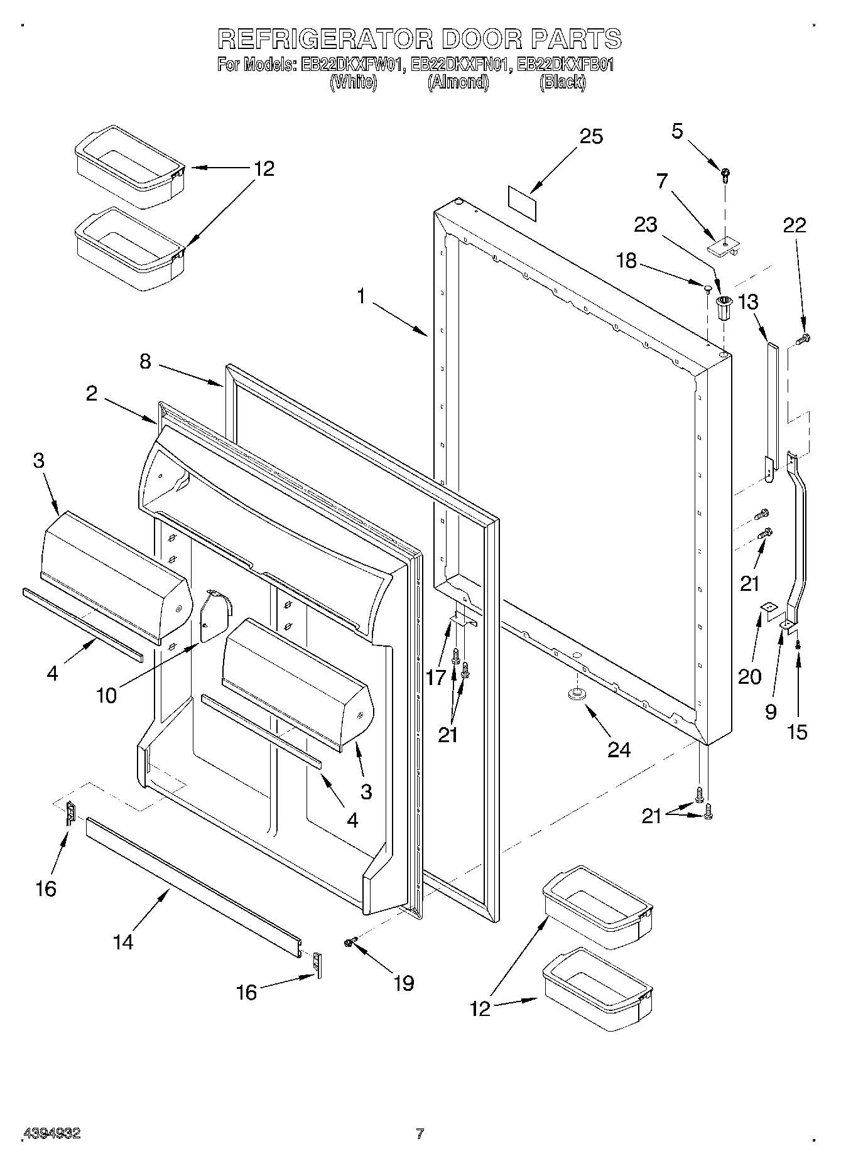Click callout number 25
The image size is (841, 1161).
pyautogui.click(x=590, y=136)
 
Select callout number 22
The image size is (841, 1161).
pyautogui.click(x=794, y=225)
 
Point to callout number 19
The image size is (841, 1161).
pyautogui.click(x=403, y=983)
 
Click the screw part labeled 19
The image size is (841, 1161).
pyautogui.click(x=350, y=941)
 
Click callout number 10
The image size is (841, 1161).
pyautogui.click(x=107, y=695)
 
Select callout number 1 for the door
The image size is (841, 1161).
pyautogui.click(x=361, y=295)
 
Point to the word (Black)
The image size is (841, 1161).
pyautogui.click(x=562, y=82)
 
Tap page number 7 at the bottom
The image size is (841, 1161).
pyautogui.click(x=420, y=1133)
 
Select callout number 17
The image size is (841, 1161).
pyautogui.click(x=435, y=677)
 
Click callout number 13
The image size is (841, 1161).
pyautogui.click(x=748, y=302)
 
